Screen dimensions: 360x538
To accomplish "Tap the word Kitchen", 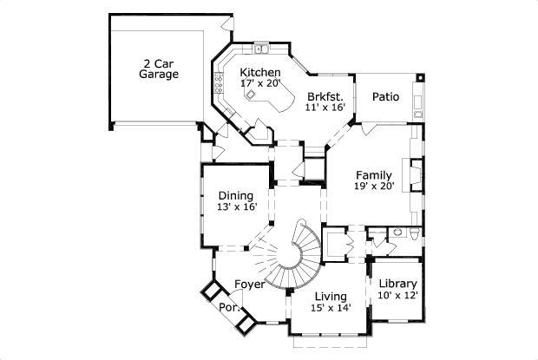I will tap(260, 73).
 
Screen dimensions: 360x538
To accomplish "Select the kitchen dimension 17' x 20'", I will tap(260, 83).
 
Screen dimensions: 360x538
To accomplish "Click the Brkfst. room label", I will tap(325, 96).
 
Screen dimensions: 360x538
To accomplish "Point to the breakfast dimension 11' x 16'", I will tap(325, 107).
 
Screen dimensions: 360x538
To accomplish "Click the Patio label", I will tap(385, 96).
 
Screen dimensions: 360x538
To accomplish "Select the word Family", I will tap(373, 174).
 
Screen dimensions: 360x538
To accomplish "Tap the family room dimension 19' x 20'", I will tap(373, 186).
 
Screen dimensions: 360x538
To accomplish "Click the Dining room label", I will tap(236, 195).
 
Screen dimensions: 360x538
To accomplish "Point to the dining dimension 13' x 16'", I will tap(237, 206).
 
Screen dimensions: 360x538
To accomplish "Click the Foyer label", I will tap(249, 285).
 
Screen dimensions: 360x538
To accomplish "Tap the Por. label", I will tap(228, 307).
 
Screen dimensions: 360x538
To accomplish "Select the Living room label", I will tap(331, 296).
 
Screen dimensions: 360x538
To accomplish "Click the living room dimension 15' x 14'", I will tap(331, 307).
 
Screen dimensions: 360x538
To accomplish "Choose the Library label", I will tap(398, 284).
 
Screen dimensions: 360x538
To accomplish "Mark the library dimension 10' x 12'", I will tap(398, 295).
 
